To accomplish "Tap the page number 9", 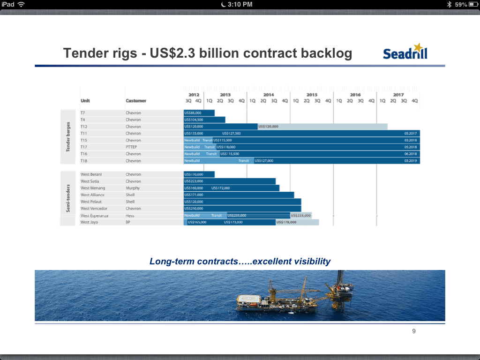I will [x=413, y=331].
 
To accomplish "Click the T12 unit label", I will [x=84, y=127].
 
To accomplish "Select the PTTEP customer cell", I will [x=131, y=147].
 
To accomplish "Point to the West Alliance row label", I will [x=92, y=195].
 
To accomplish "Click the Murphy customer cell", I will [x=133, y=188].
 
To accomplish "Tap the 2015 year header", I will [x=312, y=95].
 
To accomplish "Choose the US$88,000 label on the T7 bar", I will [x=193, y=113].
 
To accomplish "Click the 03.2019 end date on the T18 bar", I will [x=410, y=161].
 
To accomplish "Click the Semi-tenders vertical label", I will [x=68, y=198].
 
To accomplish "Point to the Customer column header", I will [x=136, y=101].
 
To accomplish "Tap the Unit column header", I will [x=85, y=101].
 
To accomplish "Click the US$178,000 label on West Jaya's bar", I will [x=286, y=222].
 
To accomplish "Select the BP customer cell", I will [x=128, y=222].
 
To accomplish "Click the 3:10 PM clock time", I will [x=240, y=4].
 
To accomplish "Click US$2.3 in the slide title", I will [x=173, y=53].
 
